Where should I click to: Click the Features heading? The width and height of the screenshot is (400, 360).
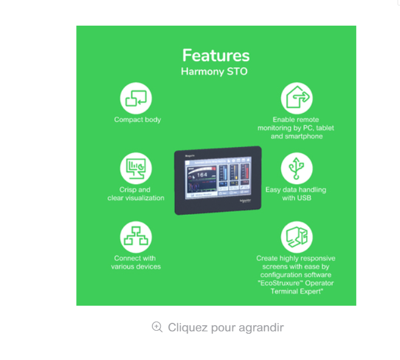pyautogui.click(x=216, y=56)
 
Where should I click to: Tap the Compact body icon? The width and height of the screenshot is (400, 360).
pyautogui.click(x=136, y=98)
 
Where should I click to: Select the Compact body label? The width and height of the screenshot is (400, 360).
pyautogui.click(x=137, y=120)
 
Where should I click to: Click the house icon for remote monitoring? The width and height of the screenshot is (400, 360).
pyautogui.click(x=296, y=98)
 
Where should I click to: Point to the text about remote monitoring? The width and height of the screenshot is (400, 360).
pyautogui.click(x=296, y=128)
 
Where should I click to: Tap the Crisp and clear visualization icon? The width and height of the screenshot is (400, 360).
pyautogui.click(x=136, y=168)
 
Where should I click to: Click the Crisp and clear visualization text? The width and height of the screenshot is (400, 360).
pyautogui.click(x=136, y=194)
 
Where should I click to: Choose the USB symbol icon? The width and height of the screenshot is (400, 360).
pyautogui.click(x=296, y=168)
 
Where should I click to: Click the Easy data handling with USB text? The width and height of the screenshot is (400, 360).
pyautogui.click(x=296, y=194)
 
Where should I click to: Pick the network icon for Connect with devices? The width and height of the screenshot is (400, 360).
pyautogui.click(x=136, y=237)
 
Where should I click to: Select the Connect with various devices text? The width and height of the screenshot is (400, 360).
pyautogui.click(x=136, y=262)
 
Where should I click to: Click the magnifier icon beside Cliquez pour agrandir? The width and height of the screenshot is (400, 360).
pyautogui.click(x=157, y=327)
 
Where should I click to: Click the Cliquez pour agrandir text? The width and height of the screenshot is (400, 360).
pyautogui.click(x=226, y=328)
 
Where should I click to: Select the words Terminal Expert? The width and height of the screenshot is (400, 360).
pyautogui.click(x=296, y=292)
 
